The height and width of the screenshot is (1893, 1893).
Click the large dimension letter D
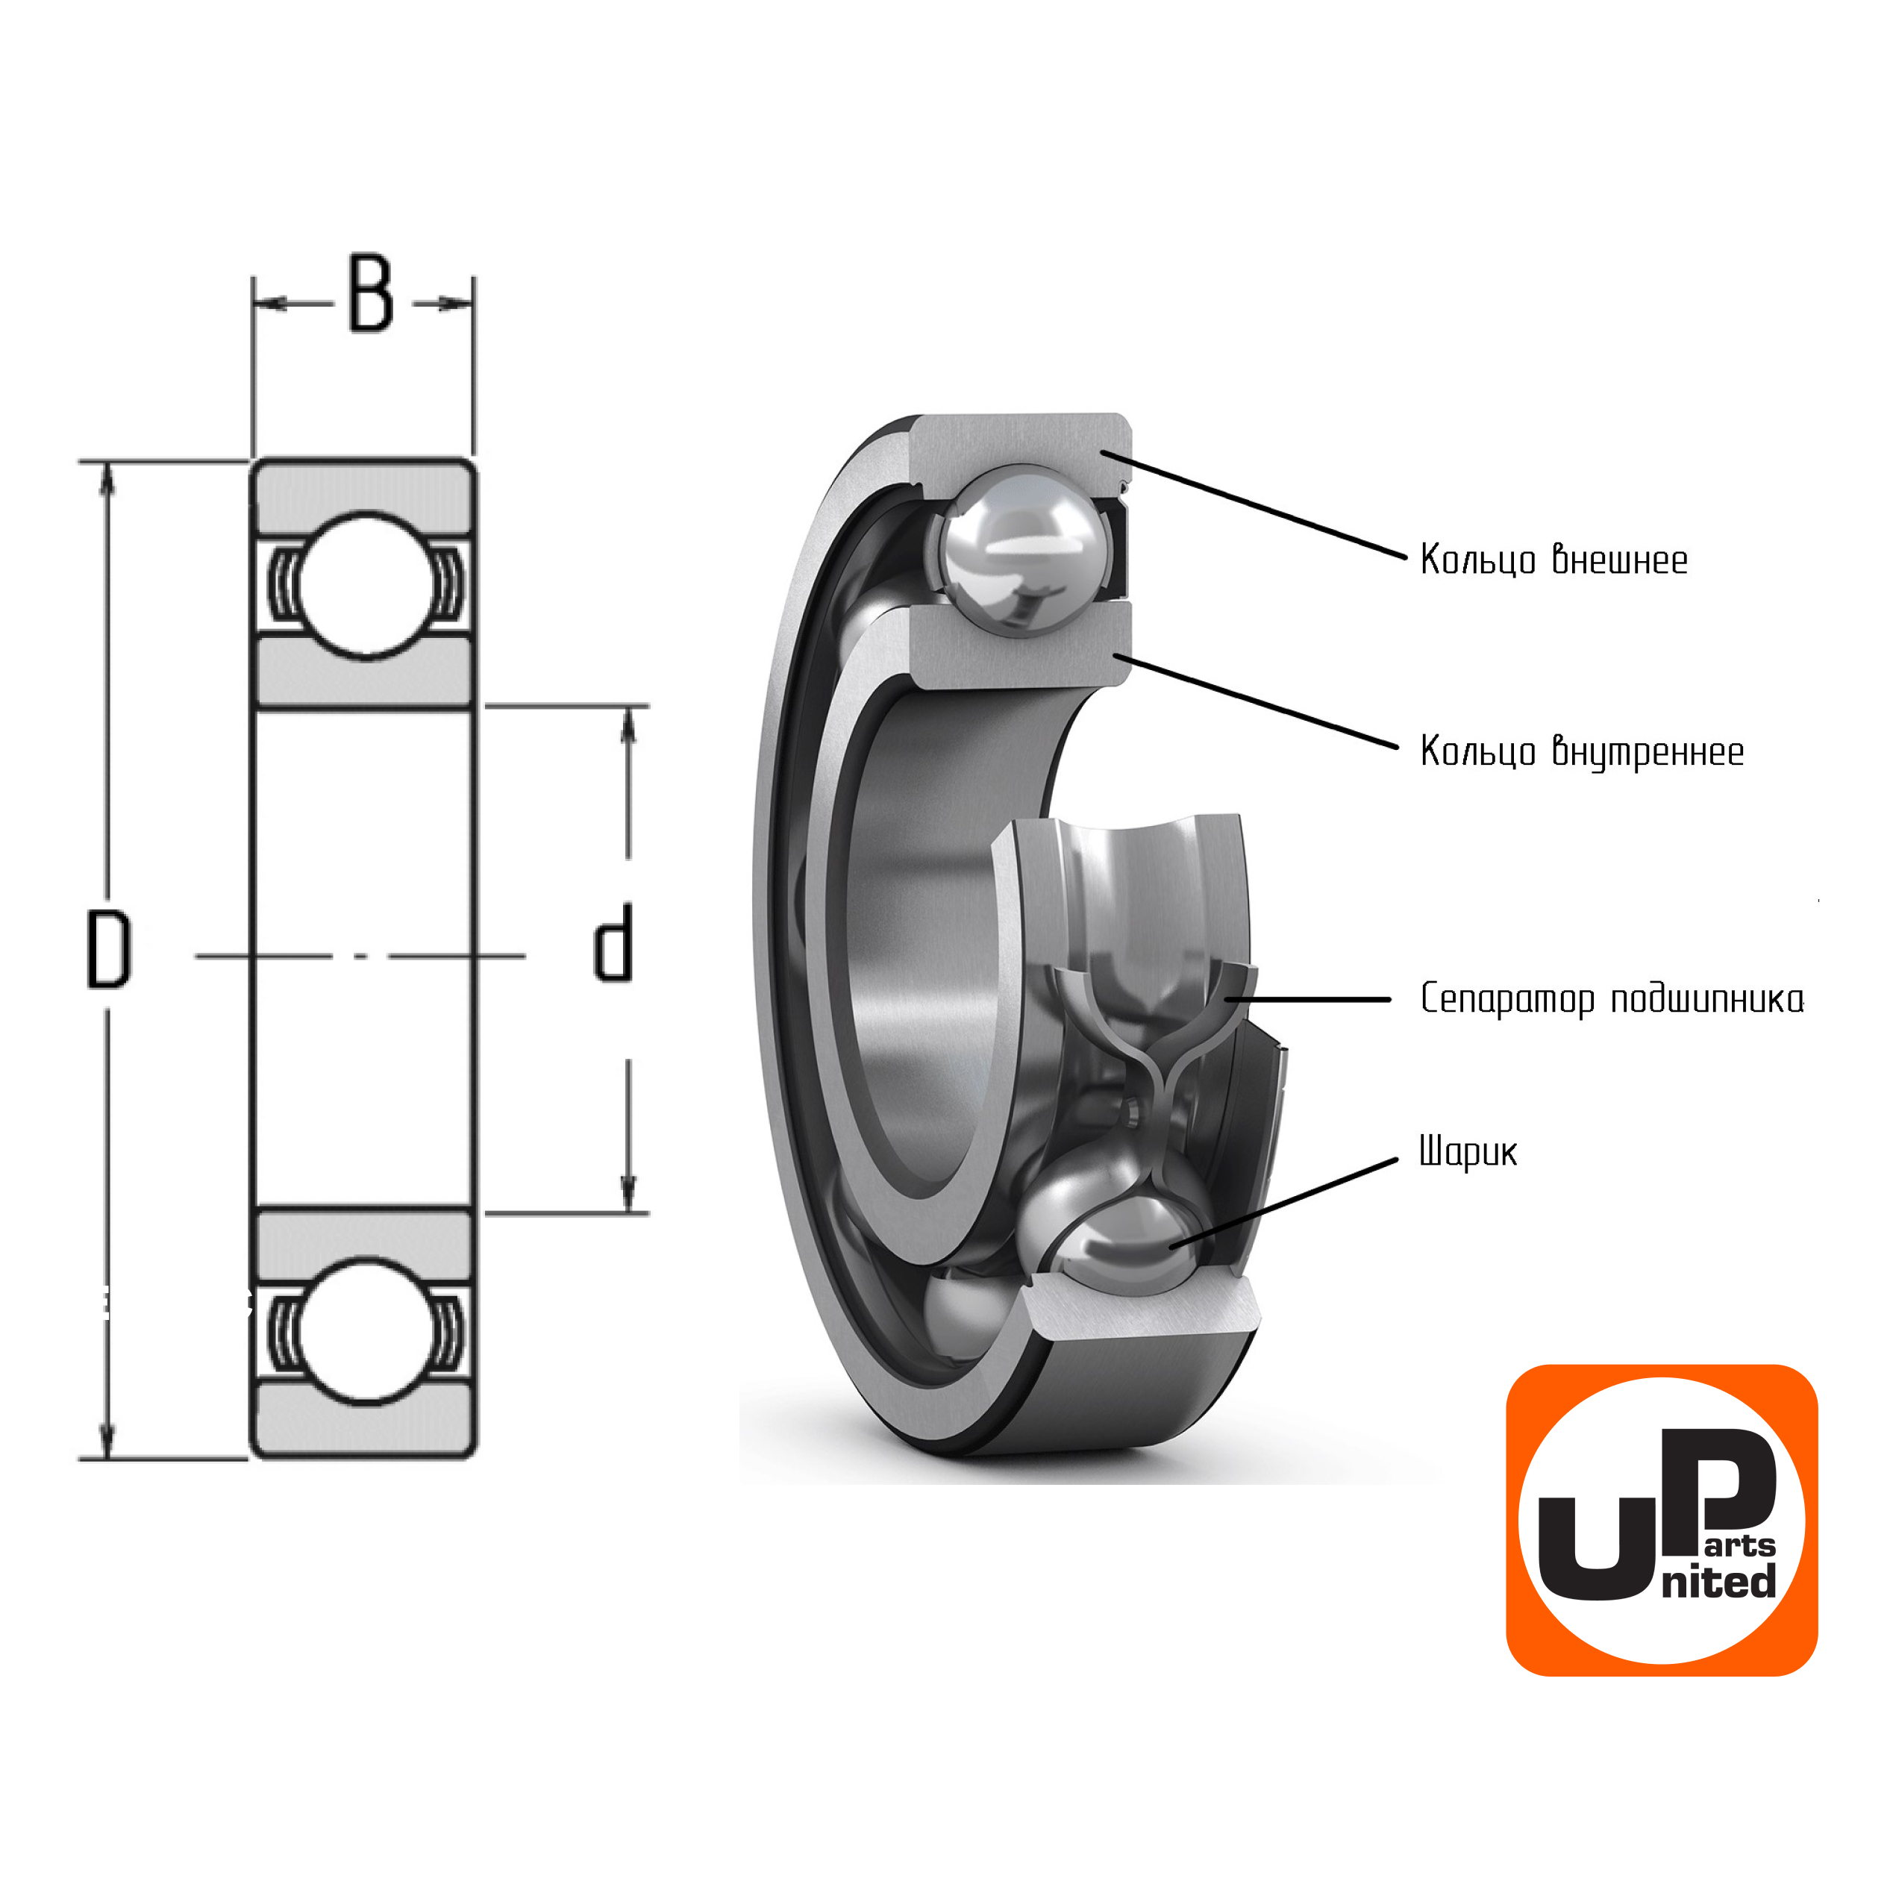coord(109,948)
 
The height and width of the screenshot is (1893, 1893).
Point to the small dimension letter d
coord(614,942)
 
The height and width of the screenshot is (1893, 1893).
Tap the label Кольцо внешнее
coord(1553,560)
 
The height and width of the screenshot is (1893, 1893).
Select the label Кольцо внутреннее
coord(1581,751)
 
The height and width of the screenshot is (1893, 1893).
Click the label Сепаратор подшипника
coord(1611,999)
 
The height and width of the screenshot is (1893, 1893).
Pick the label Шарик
coord(1468,1151)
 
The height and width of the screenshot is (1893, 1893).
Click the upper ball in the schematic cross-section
coord(364,586)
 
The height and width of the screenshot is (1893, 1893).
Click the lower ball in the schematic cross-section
coord(363,1330)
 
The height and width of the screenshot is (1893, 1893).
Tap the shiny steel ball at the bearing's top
coord(1024,545)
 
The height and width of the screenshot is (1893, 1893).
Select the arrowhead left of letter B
coord(270,304)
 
